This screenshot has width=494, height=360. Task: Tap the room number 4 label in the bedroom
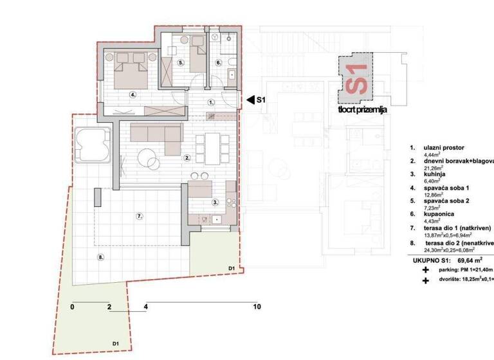pyautogui.click(x=133, y=94)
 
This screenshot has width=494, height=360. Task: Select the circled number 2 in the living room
pyautogui.click(x=187, y=157)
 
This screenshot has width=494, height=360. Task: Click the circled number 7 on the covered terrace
pyautogui.click(x=138, y=217)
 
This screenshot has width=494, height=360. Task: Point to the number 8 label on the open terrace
pyautogui.click(x=100, y=257)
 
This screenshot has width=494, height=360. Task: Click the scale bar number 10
pyautogui.click(x=257, y=307)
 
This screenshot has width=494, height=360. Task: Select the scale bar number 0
pyautogui.click(x=73, y=307)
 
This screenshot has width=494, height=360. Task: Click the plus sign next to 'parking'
pyautogui.click(x=425, y=271)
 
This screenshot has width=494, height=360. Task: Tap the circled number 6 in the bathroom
pyautogui.click(x=218, y=63)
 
